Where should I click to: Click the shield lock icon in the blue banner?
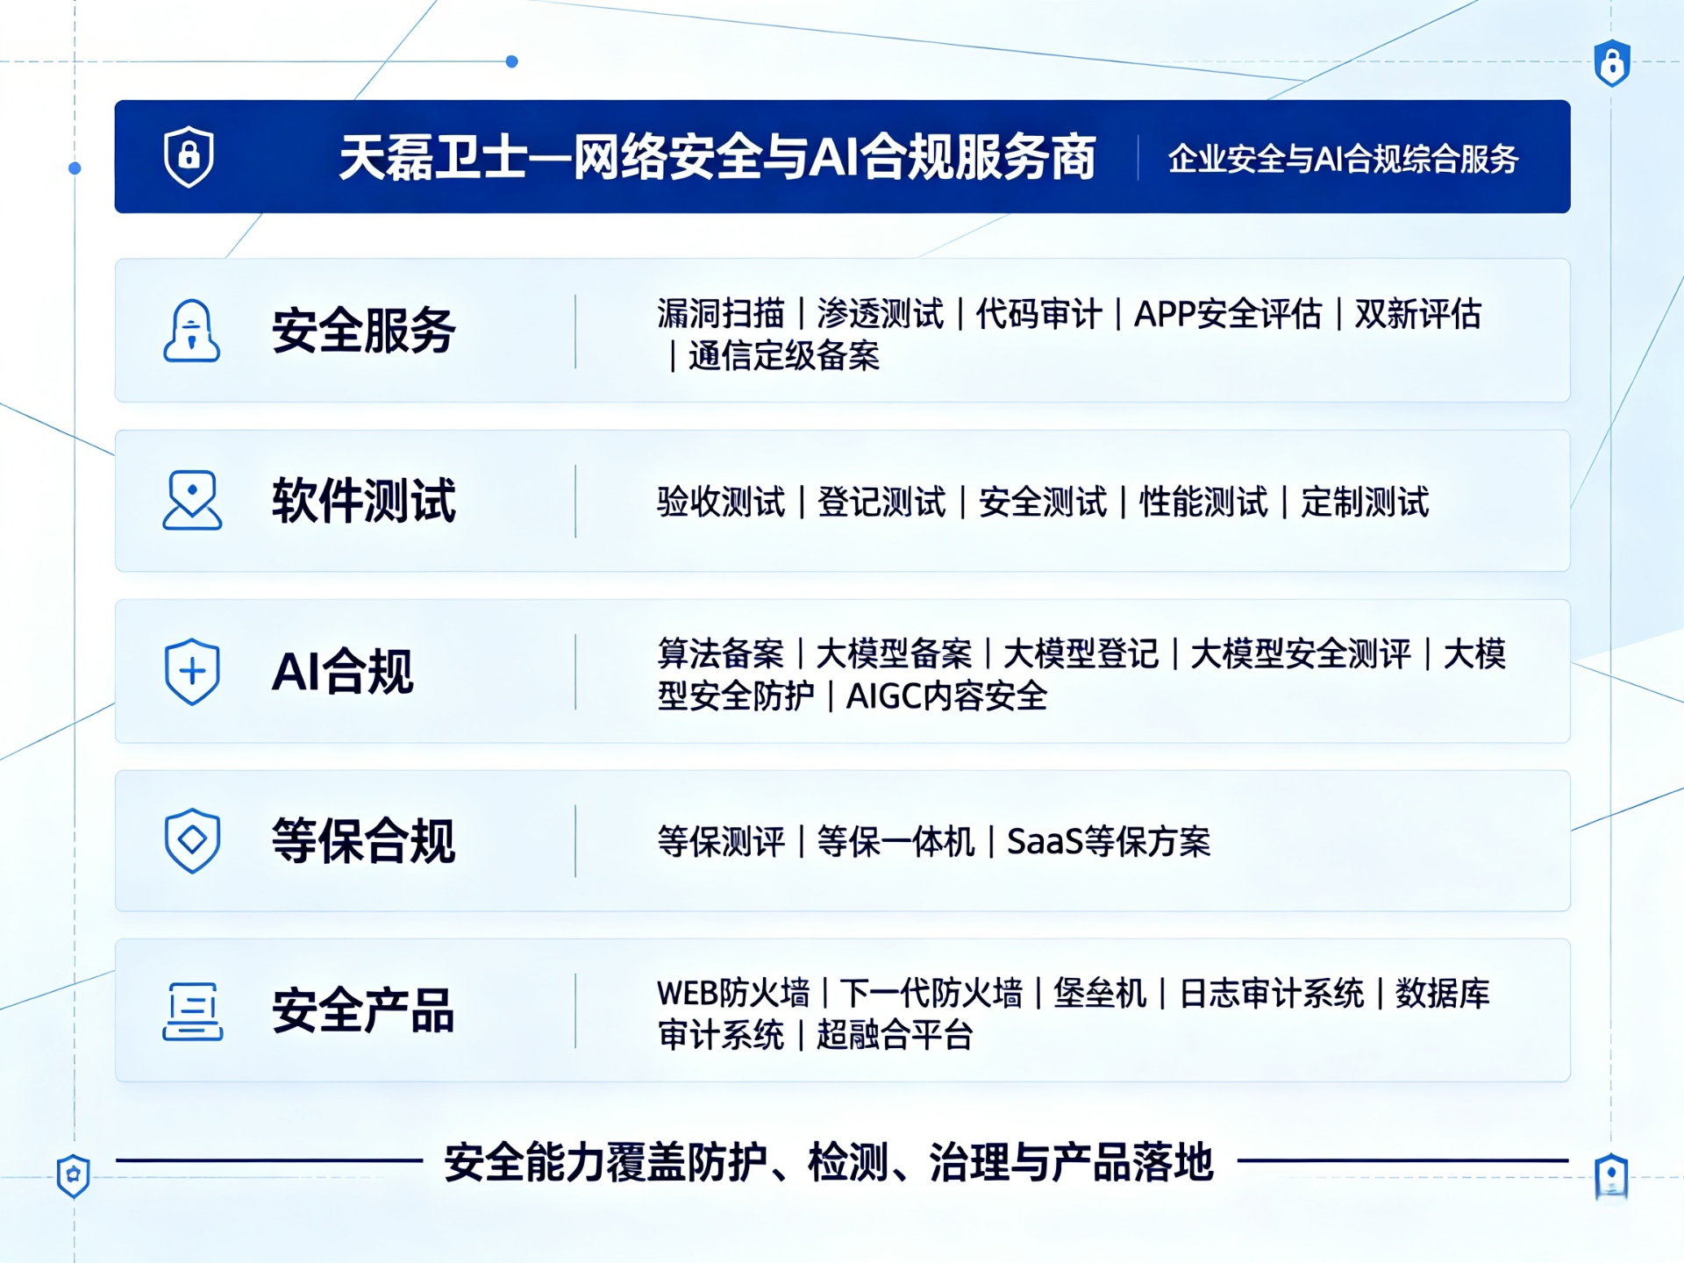(x=189, y=156)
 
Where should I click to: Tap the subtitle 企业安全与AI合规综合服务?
(x=1343, y=159)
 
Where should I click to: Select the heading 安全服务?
(x=363, y=331)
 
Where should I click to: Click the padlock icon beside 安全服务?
(x=191, y=331)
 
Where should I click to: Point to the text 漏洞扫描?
(x=721, y=313)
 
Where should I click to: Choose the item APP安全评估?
(x=1227, y=313)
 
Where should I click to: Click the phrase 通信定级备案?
(x=784, y=356)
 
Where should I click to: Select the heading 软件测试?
(x=363, y=501)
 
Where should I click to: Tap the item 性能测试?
(x=1203, y=503)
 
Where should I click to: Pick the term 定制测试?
(x=1365, y=503)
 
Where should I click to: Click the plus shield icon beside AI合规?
(x=192, y=672)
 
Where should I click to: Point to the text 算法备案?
(x=721, y=653)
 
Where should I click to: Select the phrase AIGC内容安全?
(x=946, y=696)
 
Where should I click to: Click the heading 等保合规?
(x=363, y=841)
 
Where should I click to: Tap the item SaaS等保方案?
(x=1109, y=842)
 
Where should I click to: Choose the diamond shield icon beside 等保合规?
(x=192, y=841)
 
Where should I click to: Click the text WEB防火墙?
(x=733, y=994)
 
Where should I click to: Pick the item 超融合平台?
(x=895, y=1036)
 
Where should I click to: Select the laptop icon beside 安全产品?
(x=192, y=1011)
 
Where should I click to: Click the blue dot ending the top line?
(x=512, y=61)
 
